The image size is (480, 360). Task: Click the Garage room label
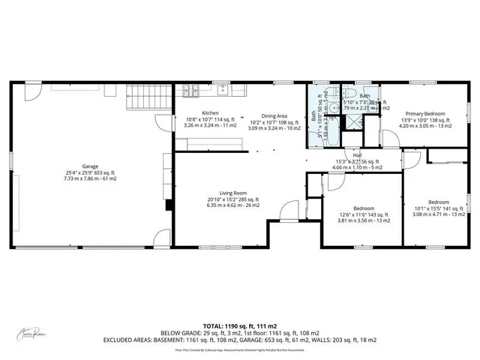[x=94, y=166]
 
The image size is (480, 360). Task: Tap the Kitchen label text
[x=210, y=113]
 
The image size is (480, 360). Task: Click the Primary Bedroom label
[x=426, y=113]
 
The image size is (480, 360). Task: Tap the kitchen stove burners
[x=193, y=91]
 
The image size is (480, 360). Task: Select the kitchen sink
[x=223, y=91]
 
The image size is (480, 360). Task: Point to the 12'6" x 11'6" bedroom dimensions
[x=363, y=214]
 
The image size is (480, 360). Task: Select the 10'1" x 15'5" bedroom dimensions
[x=439, y=208]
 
